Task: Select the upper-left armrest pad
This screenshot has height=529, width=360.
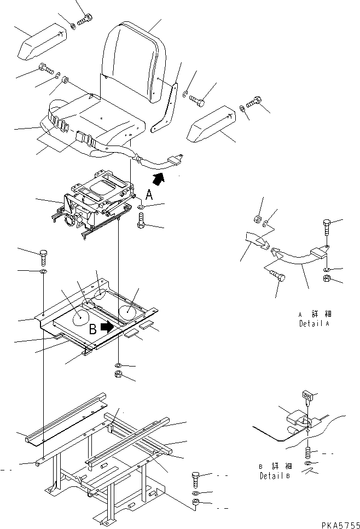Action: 41,40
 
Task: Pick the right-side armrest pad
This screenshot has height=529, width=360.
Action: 211,124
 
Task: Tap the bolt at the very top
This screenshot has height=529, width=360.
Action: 85,19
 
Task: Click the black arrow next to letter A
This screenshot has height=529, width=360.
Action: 158,178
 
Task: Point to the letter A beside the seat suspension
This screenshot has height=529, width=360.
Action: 149,195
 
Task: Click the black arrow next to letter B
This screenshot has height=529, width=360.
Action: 108,327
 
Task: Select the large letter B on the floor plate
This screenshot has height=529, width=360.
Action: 93,329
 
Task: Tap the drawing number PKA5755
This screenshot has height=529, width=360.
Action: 340,525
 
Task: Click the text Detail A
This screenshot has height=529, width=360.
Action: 314,323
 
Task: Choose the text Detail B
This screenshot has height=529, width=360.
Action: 275,476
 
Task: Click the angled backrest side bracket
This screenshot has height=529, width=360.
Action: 165,107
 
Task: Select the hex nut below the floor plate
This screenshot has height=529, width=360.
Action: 119,374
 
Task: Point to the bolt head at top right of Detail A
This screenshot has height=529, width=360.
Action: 327,223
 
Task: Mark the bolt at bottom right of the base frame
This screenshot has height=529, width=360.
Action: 196,480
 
